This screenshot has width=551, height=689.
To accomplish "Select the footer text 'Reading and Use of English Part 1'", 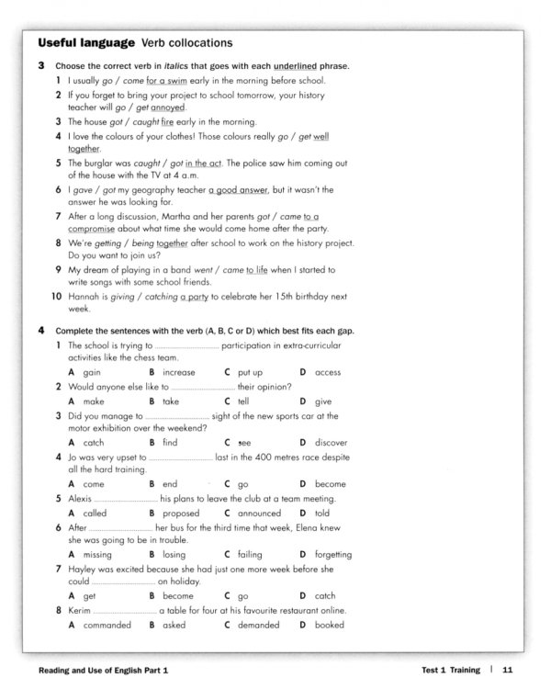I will (102, 673).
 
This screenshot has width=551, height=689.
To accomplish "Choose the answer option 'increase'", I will (179, 372).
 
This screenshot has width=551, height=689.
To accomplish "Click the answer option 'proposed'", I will (181, 514).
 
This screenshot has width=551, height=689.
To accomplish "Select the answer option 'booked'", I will (329, 625).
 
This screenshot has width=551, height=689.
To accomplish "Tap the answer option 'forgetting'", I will (332, 555).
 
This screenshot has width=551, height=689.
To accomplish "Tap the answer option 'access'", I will (328, 372).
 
